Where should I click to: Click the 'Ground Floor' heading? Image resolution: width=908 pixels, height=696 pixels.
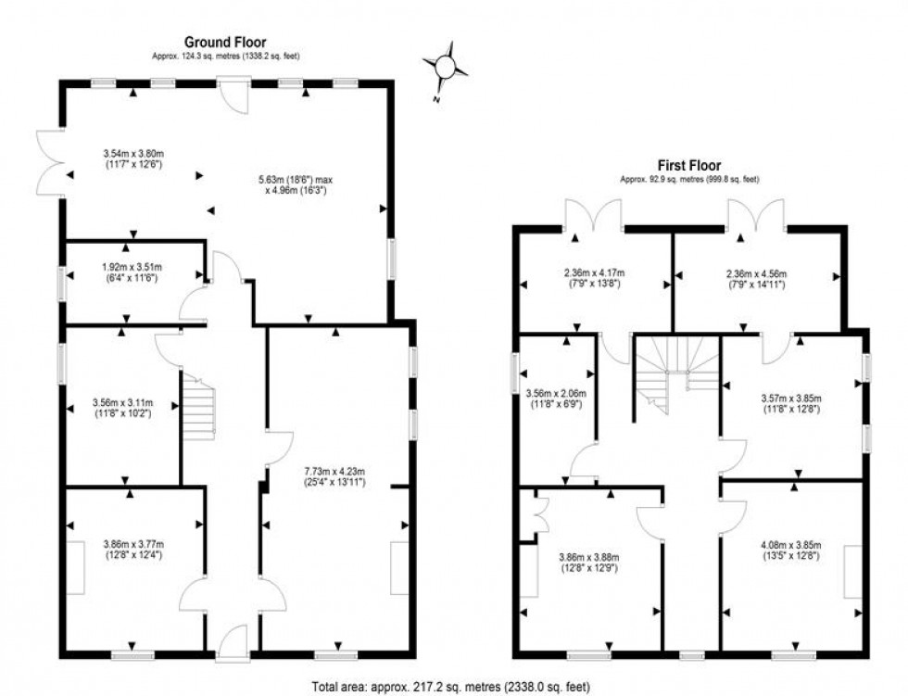point(225,42)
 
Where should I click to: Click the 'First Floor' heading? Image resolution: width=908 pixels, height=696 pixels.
point(689,166)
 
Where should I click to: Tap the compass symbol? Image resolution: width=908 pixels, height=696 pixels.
point(445,67)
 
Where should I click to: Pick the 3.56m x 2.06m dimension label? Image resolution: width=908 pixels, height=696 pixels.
point(556,399)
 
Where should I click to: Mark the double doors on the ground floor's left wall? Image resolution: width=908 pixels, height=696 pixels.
point(48,164)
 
